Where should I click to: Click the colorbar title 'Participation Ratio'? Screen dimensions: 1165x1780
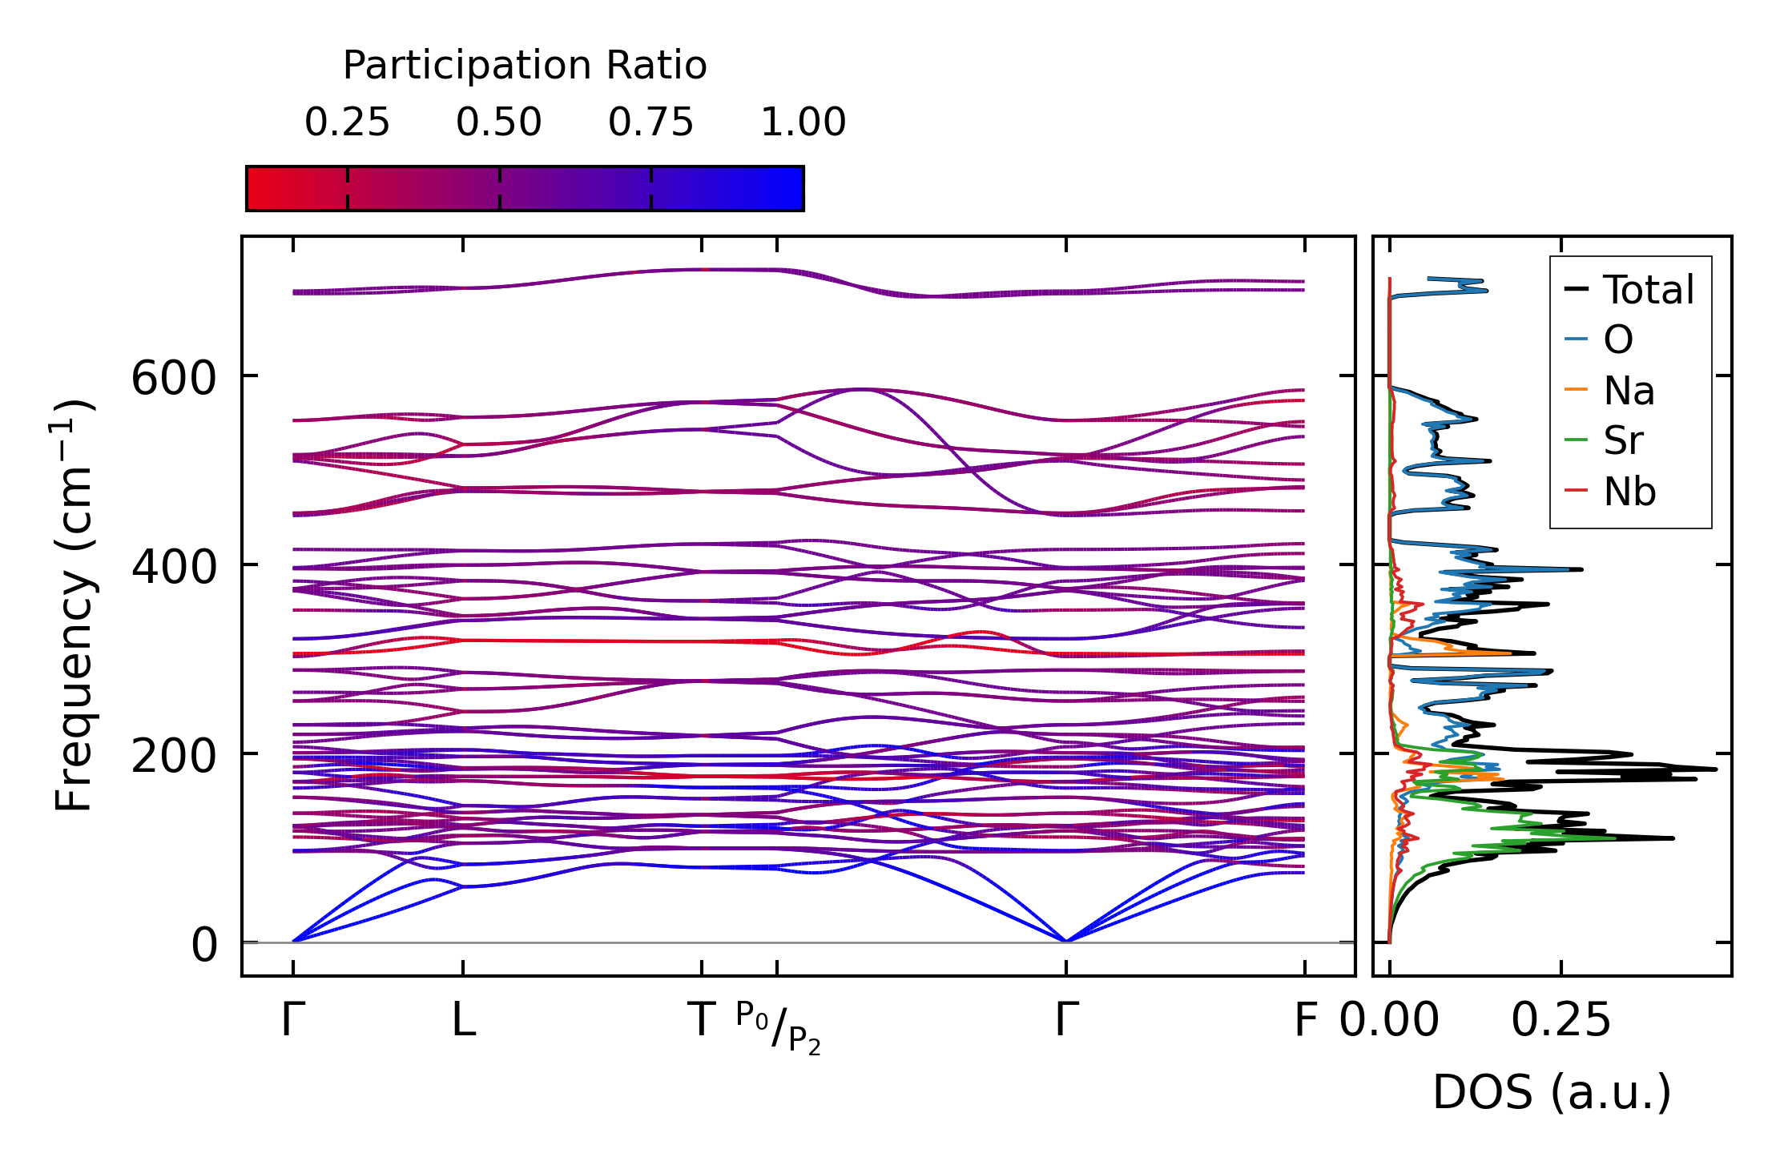(x=525, y=66)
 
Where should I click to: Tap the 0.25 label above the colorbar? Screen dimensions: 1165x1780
(x=347, y=123)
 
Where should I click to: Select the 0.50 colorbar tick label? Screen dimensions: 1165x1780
(x=499, y=123)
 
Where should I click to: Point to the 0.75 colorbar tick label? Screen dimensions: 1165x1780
(x=650, y=123)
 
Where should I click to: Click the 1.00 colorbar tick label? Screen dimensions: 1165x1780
(x=803, y=123)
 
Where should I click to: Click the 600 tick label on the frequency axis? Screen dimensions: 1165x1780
(x=174, y=377)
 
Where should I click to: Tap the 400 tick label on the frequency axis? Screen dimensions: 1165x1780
(x=174, y=566)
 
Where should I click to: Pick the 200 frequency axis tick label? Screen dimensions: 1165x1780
(x=174, y=755)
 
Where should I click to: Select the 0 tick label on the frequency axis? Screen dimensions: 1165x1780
(x=203, y=945)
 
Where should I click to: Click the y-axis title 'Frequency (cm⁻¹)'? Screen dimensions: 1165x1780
(x=74, y=605)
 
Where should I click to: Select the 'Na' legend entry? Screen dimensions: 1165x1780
(x=1629, y=391)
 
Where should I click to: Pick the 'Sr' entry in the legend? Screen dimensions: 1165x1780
(x=1623, y=440)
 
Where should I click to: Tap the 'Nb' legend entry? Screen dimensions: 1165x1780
(x=1629, y=492)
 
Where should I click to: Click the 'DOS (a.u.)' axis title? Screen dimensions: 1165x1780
(x=1552, y=1092)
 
